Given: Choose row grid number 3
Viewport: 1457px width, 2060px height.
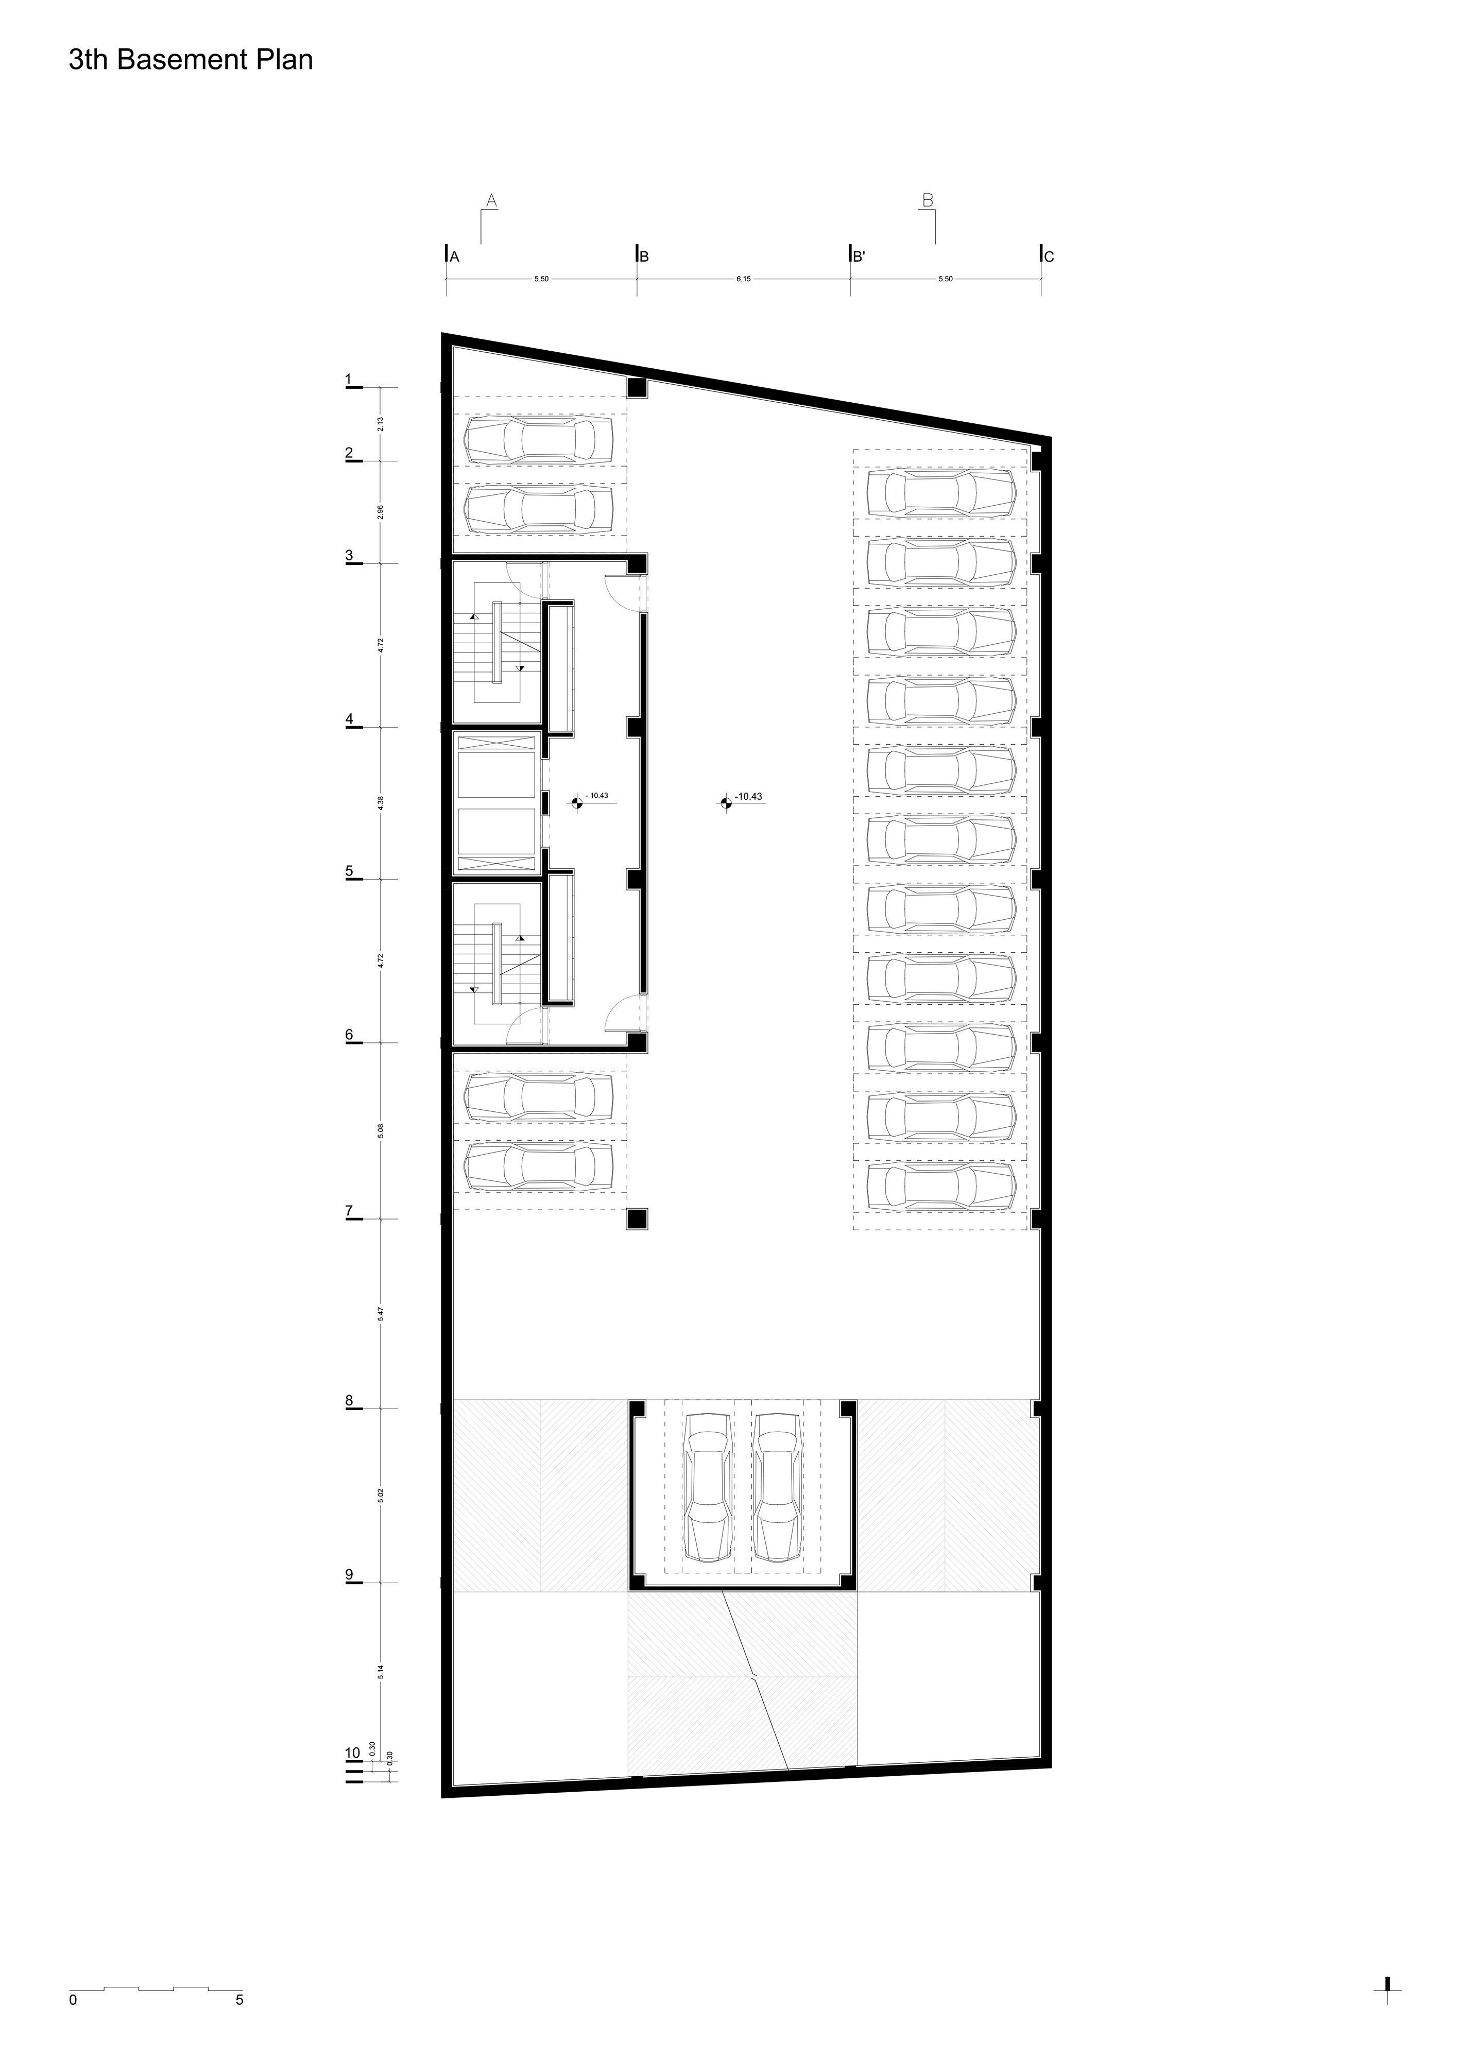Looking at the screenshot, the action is pyautogui.click(x=349, y=555).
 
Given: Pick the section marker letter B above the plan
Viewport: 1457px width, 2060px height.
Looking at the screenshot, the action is pyautogui.click(x=929, y=200).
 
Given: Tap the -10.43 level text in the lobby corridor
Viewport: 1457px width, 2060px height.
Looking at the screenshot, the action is pyautogui.click(x=597, y=796).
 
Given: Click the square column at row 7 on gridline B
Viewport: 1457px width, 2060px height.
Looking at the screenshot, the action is pyautogui.click(x=637, y=1218).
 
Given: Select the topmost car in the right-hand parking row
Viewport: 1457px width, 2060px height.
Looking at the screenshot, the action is pyautogui.click(x=941, y=492).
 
